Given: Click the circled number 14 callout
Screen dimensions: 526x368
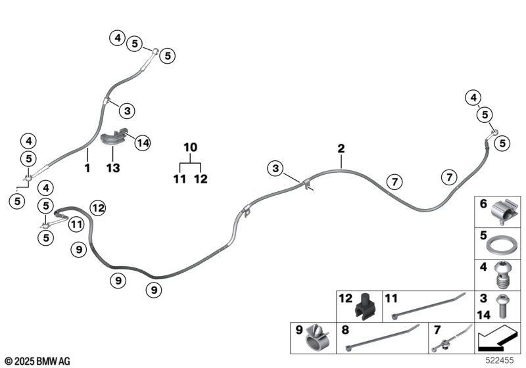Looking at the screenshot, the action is click(x=143, y=143).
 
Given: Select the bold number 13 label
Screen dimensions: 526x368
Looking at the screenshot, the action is click(x=113, y=168).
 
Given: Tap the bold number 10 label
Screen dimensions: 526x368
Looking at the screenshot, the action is click(x=190, y=147).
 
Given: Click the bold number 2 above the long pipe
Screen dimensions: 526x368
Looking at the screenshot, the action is click(x=341, y=149).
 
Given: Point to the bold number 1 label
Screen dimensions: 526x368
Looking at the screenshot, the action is click(x=87, y=168).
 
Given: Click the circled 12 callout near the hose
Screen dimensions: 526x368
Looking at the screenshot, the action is click(x=98, y=208).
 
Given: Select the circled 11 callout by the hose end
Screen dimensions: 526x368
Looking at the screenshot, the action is click(x=76, y=224).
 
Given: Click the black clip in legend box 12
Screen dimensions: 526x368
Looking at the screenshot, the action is click(x=365, y=306).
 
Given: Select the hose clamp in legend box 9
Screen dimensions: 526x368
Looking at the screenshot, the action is click(x=317, y=338).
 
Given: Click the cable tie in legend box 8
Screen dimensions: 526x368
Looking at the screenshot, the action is click(x=382, y=338).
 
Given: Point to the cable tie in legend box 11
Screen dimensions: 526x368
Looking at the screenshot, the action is click(x=429, y=306).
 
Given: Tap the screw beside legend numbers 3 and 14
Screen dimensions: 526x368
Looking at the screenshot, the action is click(x=502, y=306).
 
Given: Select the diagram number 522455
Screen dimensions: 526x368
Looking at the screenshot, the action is click(x=500, y=360).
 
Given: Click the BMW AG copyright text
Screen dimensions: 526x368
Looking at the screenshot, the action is click(x=37, y=361).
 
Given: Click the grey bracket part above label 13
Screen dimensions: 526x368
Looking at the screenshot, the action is click(x=113, y=137).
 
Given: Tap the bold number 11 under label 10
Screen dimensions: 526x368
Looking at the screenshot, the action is click(x=179, y=179).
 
